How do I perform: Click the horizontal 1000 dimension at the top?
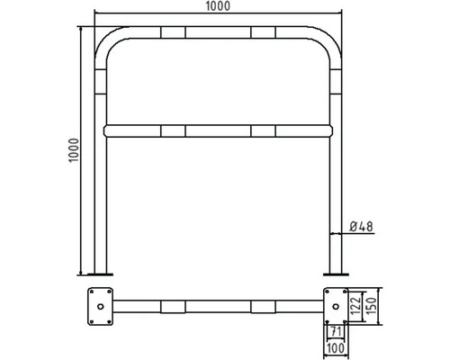(218, 6)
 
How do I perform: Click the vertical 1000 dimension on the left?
(74, 150)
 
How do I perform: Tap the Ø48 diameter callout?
(361, 227)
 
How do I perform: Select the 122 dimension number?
(355, 306)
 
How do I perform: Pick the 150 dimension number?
(372, 306)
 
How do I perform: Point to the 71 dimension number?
(336, 332)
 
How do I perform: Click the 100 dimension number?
(335, 348)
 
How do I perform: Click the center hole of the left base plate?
(101, 306)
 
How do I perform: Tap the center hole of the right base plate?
(336, 306)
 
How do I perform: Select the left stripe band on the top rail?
(173, 32)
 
